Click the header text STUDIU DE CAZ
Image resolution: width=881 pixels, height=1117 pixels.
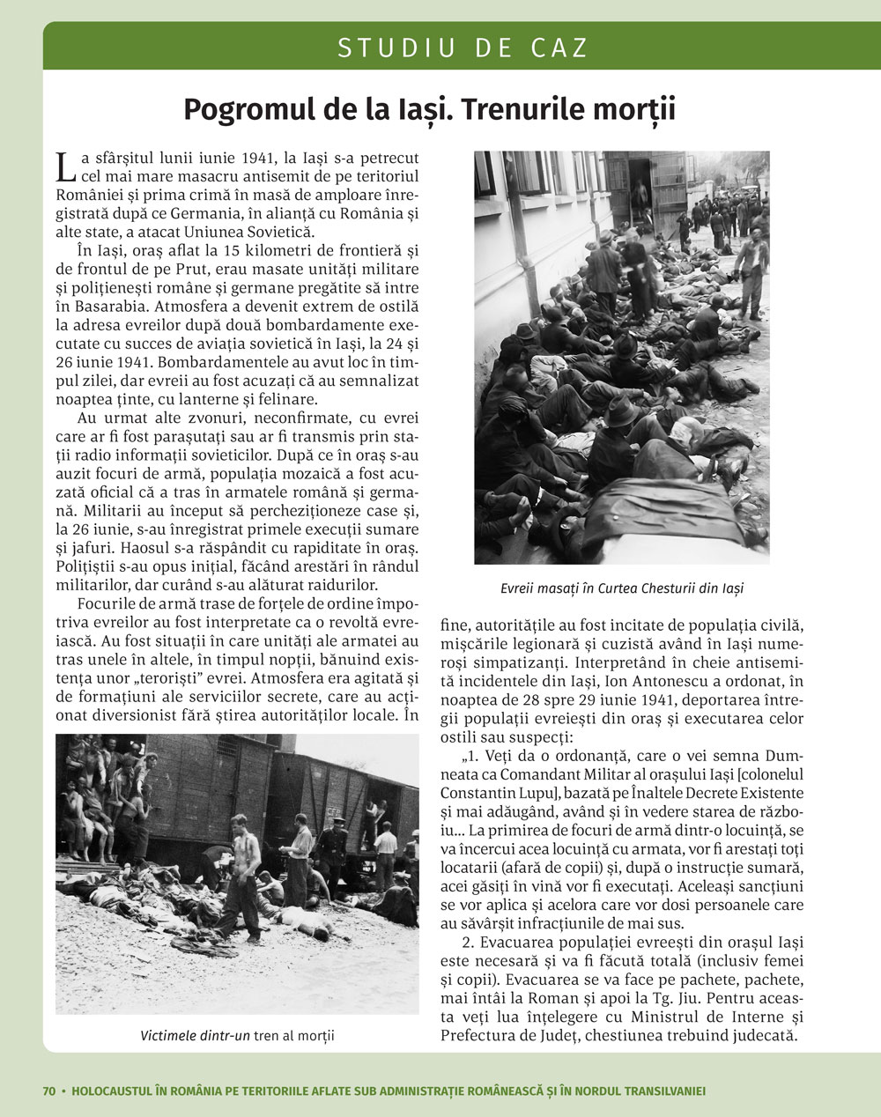point(463,48)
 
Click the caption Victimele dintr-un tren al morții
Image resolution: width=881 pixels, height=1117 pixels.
point(237,1035)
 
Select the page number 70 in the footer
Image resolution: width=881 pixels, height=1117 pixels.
point(49,1091)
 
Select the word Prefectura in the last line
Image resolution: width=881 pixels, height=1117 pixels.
point(480,1036)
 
